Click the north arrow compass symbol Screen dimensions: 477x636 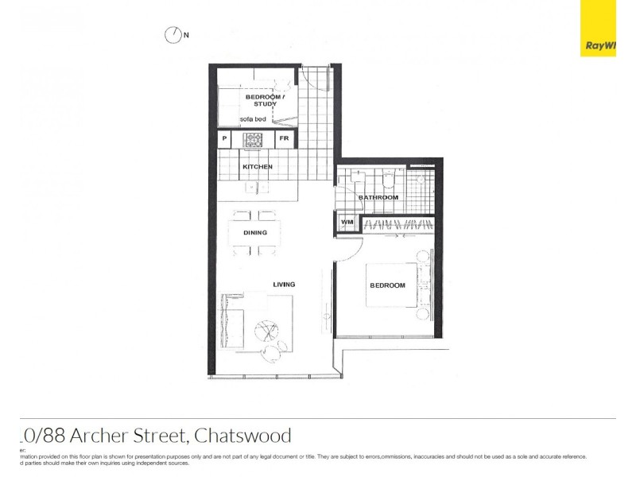[173, 35]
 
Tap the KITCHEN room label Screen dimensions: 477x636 [258, 167]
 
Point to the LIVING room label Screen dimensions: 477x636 [284, 285]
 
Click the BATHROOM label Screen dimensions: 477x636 [378, 197]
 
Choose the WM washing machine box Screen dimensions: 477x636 [347, 223]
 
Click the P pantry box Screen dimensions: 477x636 [225, 140]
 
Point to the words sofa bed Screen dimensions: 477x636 [254, 118]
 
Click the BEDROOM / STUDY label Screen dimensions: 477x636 [259, 100]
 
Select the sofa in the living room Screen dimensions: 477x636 [233, 320]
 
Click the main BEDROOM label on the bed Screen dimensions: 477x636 [387, 285]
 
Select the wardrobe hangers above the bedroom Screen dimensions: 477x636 [397, 224]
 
